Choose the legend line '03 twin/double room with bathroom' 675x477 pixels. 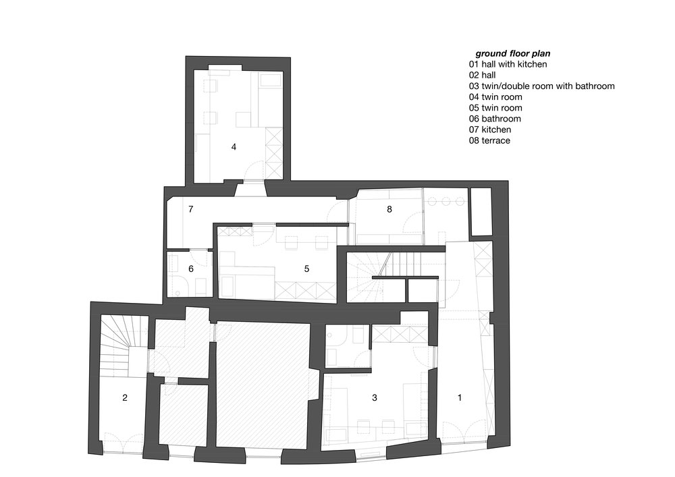tap(541, 86)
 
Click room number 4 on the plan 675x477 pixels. tap(234, 146)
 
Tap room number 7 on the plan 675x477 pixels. tap(191, 209)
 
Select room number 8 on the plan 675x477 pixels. tap(389, 209)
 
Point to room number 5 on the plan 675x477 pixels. tap(306, 269)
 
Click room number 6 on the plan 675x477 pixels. tap(191, 269)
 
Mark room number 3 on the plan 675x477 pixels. tap(375, 398)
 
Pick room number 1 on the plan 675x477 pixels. tap(460, 398)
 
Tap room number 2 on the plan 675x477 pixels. tap(125, 398)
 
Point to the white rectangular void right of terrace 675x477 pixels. tap(481, 211)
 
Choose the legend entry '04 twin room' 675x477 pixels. tap(495, 97)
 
